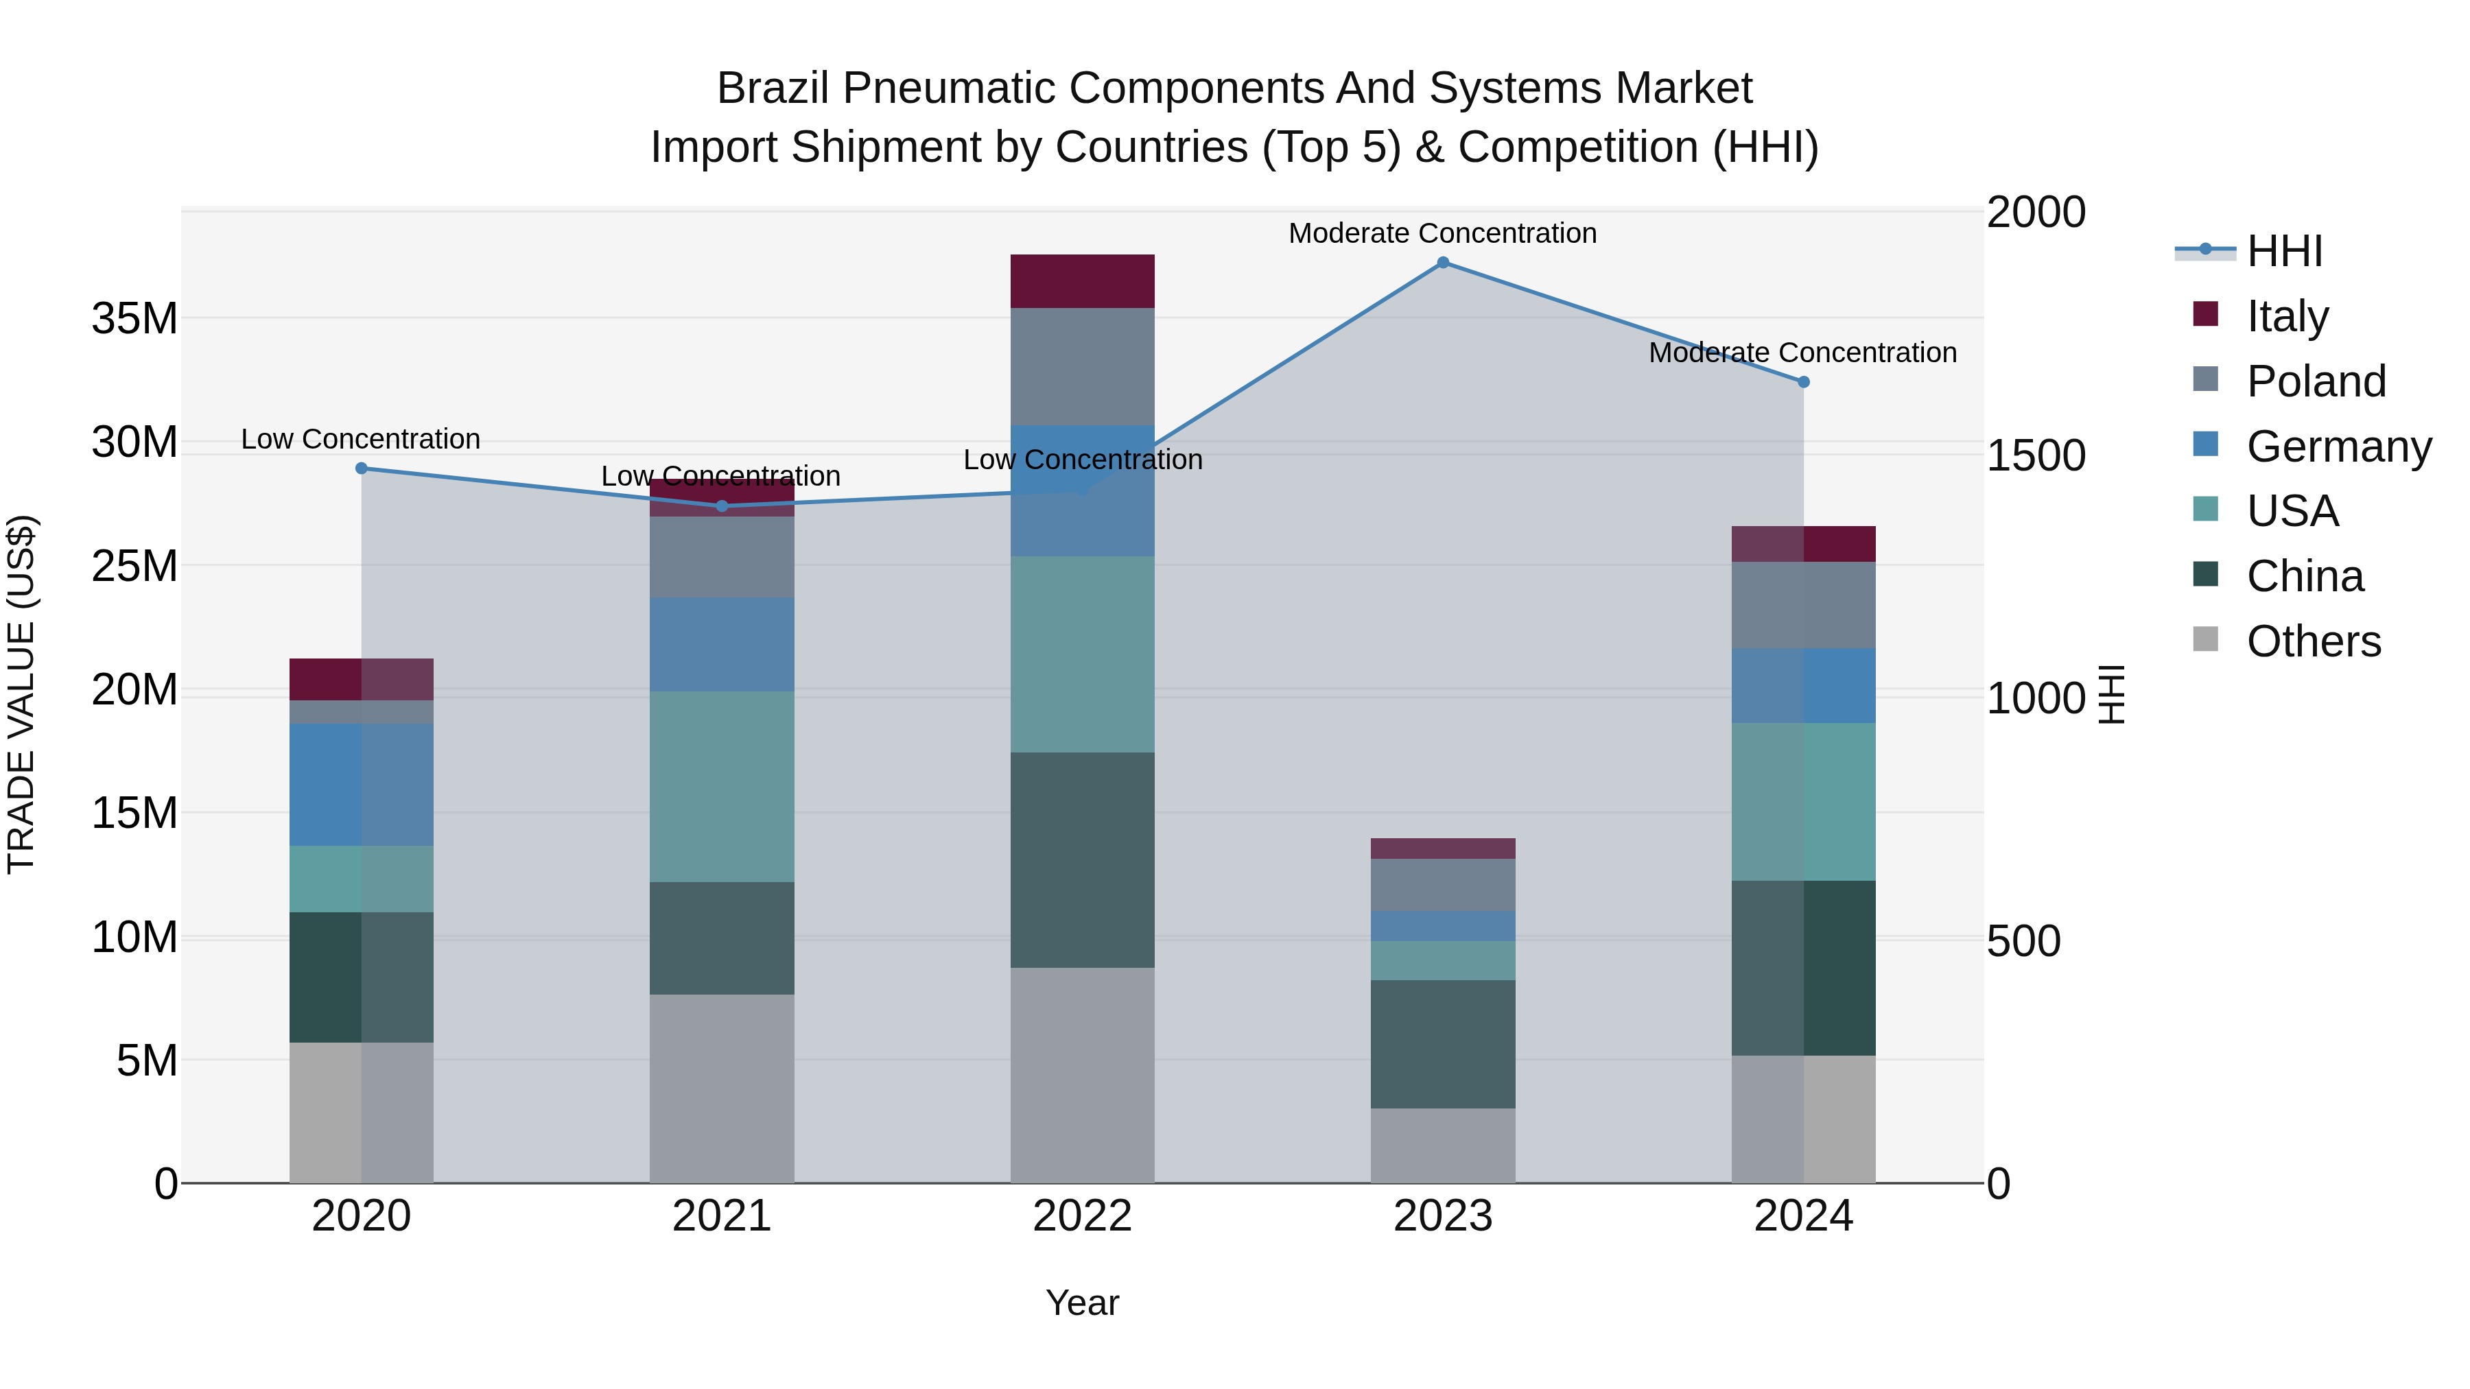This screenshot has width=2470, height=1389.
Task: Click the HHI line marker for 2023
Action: pyautogui.click(x=1442, y=263)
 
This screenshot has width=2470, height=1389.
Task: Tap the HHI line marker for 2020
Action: pyautogui.click(x=362, y=468)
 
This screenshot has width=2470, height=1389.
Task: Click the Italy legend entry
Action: pyautogui.click(x=2287, y=316)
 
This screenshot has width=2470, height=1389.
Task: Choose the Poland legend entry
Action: pyautogui.click(x=2316, y=381)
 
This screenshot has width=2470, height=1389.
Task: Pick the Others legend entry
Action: pyautogui.click(x=2313, y=641)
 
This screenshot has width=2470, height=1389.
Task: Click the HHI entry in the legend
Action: pyautogui.click(x=2284, y=251)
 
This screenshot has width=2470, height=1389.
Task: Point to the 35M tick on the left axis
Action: pyautogui.click(x=134, y=318)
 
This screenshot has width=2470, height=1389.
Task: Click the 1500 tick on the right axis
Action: pyautogui.click(x=2035, y=455)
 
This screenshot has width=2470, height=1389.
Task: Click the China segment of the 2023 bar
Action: pyautogui.click(x=1442, y=1044)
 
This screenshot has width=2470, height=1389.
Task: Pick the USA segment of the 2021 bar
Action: pyautogui.click(x=721, y=786)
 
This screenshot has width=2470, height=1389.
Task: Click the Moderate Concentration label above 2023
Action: pyautogui.click(x=1442, y=233)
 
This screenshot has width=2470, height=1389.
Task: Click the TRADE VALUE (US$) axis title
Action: pyautogui.click(x=21, y=694)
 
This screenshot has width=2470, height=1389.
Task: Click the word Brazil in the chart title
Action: pyautogui.click(x=773, y=88)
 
